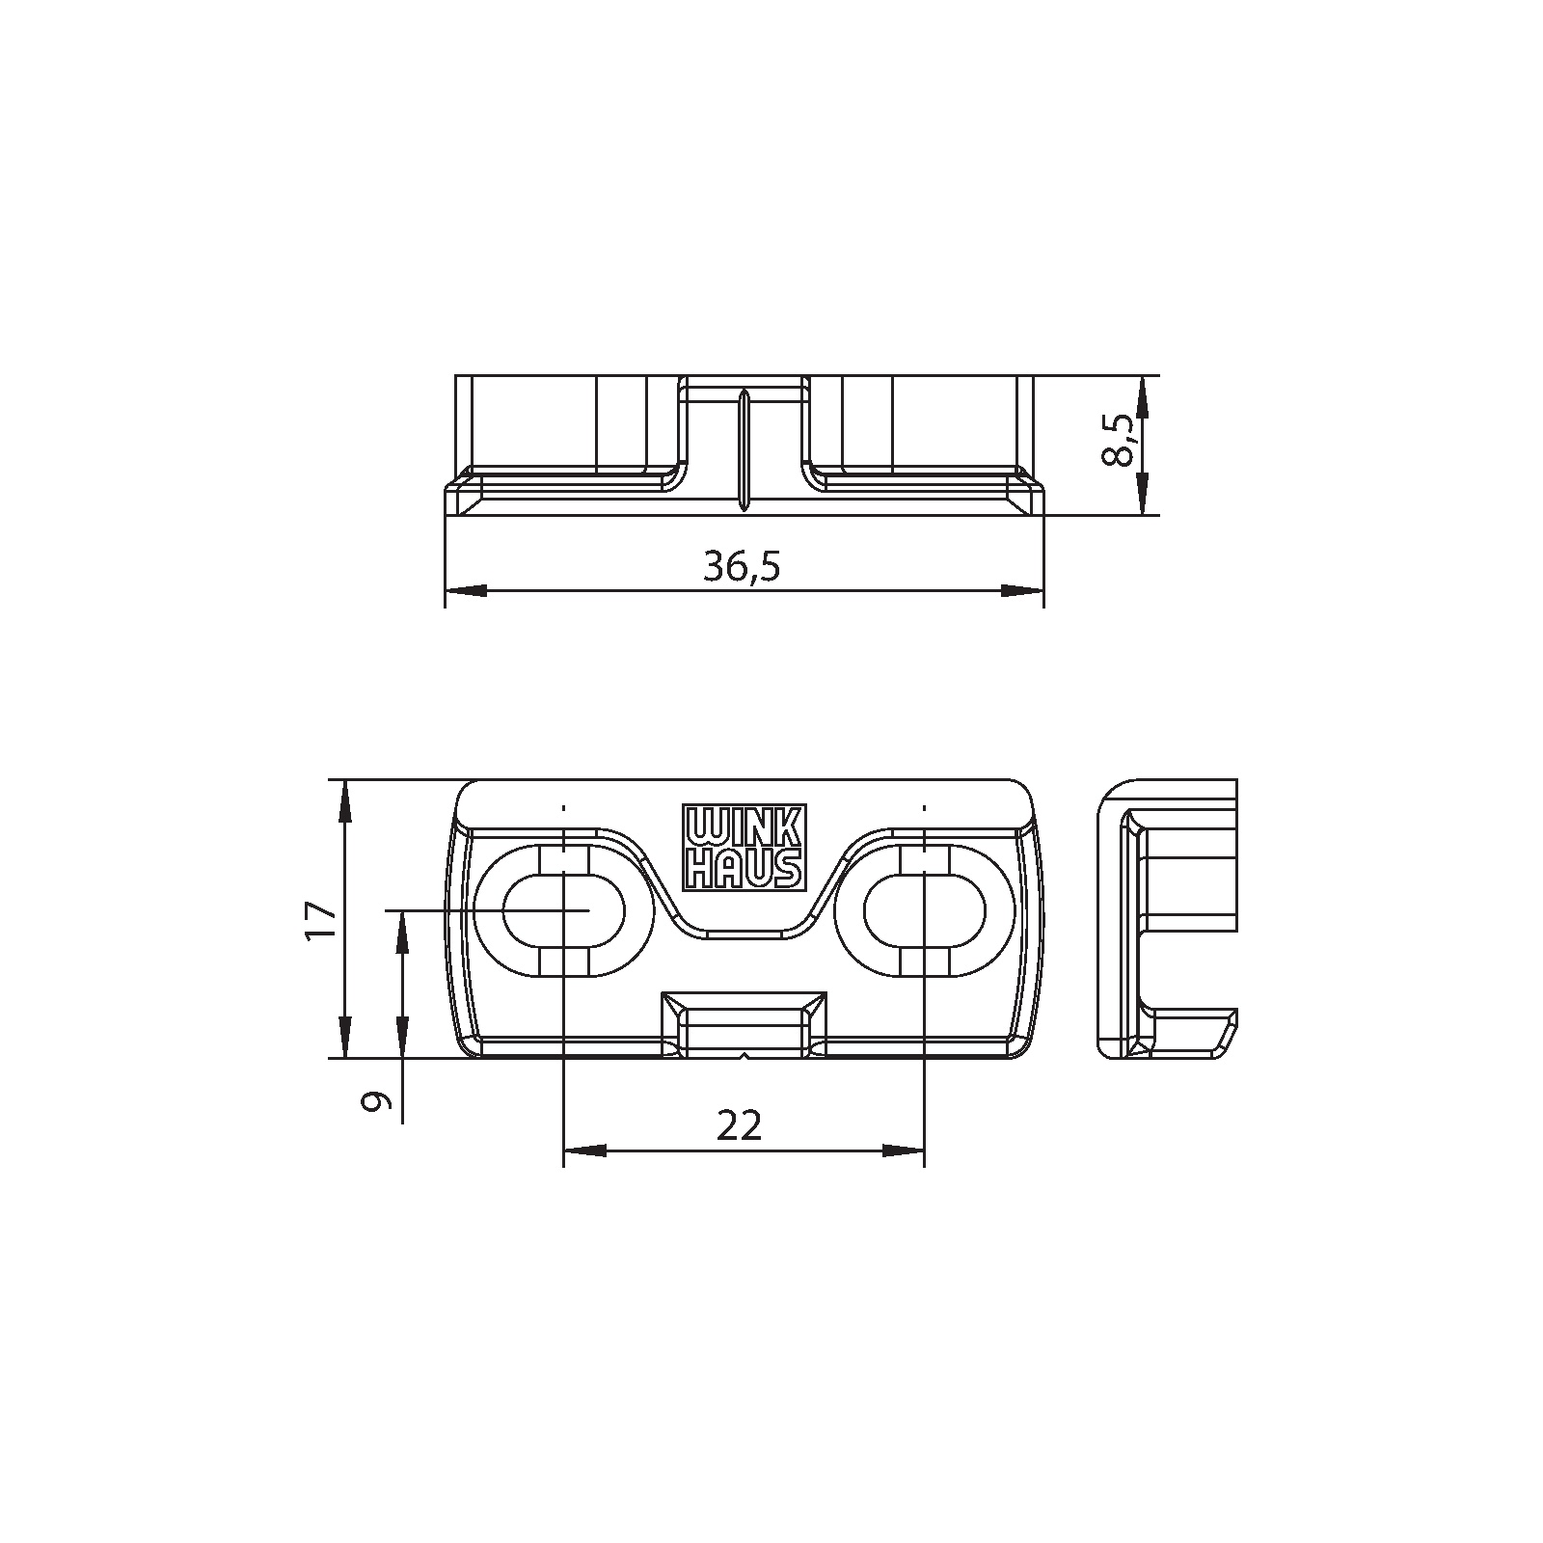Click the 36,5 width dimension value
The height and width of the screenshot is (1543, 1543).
[741, 567]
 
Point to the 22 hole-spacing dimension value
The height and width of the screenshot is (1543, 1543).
[740, 1124]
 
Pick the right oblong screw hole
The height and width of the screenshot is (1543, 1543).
[924, 909]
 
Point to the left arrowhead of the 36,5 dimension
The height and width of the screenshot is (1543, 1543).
[465, 590]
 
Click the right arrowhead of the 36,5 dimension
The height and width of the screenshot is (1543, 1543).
[1023, 590]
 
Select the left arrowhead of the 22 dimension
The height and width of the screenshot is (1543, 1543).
[584, 1150]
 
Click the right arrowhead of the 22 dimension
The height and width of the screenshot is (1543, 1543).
[904, 1150]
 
